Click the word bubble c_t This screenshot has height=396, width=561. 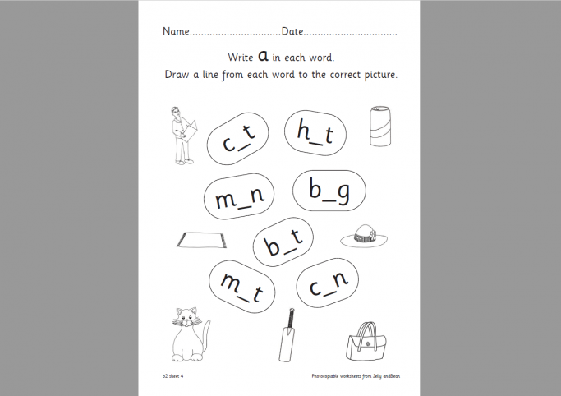pyautogui.click(x=240, y=140)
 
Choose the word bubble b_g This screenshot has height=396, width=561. pyautogui.click(x=329, y=192)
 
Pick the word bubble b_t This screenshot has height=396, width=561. pyautogui.click(x=284, y=241)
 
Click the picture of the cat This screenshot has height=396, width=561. pyautogui.click(x=190, y=334)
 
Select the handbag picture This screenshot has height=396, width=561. pyautogui.click(x=367, y=339)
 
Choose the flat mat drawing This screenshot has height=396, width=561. pyautogui.click(x=201, y=240)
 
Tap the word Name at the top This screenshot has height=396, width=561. pyautogui.click(x=176, y=32)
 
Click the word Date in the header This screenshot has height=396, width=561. pyautogui.click(x=292, y=32)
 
